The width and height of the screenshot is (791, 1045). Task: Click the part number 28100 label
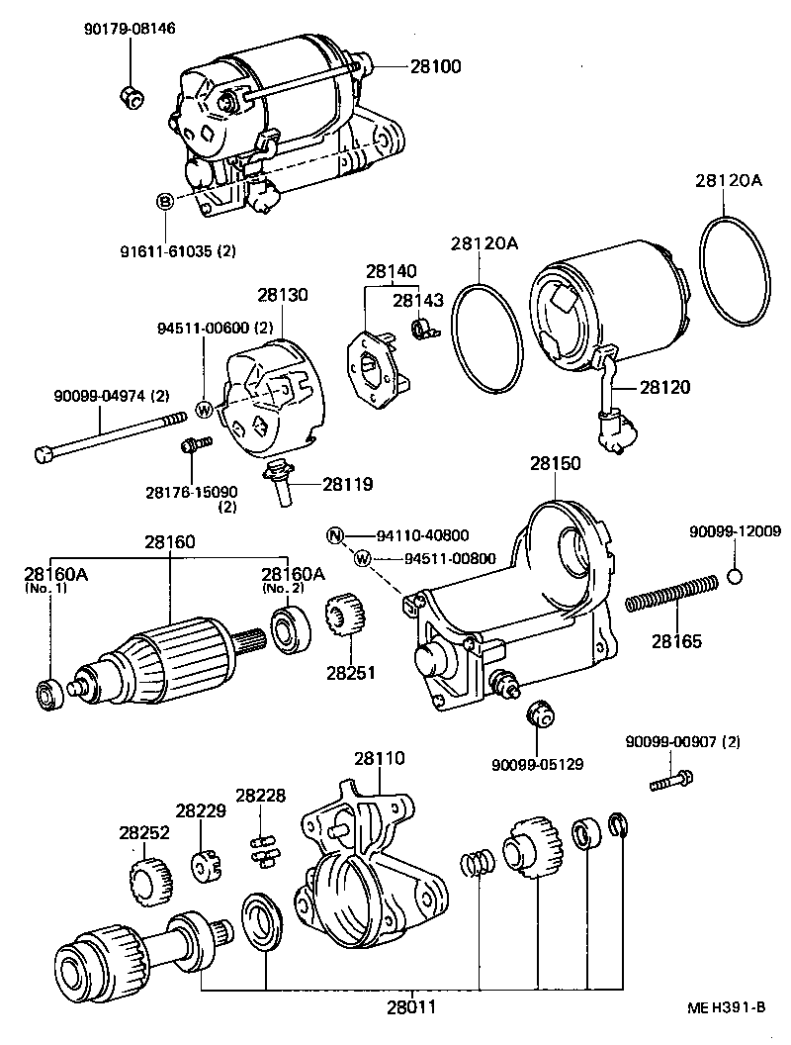[x=435, y=66]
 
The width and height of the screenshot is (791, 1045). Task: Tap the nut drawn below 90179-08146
[x=130, y=95]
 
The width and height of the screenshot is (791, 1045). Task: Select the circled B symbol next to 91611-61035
[x=165, y=201]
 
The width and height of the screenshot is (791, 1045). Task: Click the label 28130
[x=283, y=295]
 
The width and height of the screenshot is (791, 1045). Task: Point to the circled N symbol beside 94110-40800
[x=335, y=536]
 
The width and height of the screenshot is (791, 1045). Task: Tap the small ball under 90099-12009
[x=735, y=577]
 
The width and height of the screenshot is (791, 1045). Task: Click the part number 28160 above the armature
[x=169, y=542]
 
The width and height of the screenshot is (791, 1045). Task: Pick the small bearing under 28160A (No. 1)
[x=47, y=694]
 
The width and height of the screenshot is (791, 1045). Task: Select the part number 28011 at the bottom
[x=411, y=1007]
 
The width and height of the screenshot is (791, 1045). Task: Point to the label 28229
[x=202, y=810]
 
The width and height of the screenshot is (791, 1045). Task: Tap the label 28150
[x=555, y=463]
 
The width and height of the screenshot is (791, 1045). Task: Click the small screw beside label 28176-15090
[x=192, y=445]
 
